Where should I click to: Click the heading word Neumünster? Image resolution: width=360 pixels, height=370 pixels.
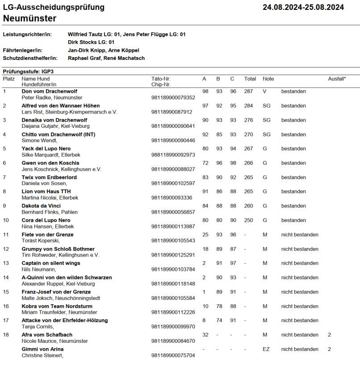(x=29, y=18)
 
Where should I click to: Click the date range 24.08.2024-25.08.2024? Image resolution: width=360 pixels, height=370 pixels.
(x=303, y=7)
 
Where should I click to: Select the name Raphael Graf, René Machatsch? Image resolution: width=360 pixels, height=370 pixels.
(x=106, y=58)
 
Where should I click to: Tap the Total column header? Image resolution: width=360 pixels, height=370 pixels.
(x=250, y=79)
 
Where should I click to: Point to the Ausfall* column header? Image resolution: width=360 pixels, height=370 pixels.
(x=337, y=79)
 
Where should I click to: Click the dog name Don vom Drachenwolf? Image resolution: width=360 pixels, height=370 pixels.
(x=49, y=91)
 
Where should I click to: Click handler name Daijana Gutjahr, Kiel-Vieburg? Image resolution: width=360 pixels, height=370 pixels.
(x=56, y=126)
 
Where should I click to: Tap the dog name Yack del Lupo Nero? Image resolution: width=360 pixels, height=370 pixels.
(x=46, y=148)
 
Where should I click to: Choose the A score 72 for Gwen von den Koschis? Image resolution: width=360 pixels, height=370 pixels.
(x=205, y=163)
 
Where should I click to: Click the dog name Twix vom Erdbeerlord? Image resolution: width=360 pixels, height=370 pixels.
(x=49, y=177)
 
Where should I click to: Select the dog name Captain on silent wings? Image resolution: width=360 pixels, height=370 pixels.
(x=51, y=263)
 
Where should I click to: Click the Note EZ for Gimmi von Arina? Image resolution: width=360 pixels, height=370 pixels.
(x=266, y=349)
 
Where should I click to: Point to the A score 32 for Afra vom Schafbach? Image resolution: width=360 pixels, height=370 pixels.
(x=205, y=335)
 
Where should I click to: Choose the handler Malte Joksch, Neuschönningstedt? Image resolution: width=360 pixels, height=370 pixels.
(x=61, y=298)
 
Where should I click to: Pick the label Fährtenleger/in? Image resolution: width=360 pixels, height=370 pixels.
(x=22, y=50)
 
